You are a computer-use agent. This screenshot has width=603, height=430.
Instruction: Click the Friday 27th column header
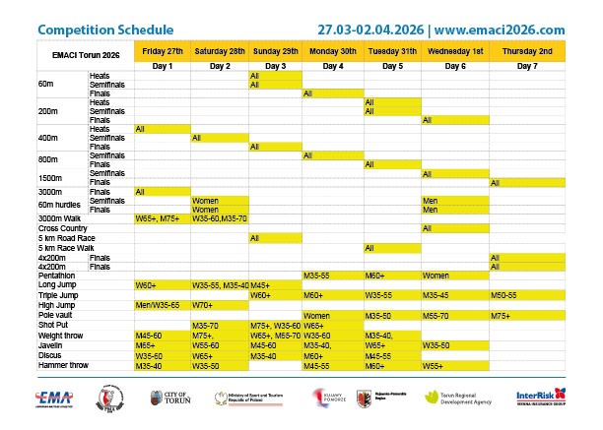click(162, 49)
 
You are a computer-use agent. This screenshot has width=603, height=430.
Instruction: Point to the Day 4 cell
click(333, 65)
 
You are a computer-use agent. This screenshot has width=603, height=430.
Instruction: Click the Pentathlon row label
click(59, 276)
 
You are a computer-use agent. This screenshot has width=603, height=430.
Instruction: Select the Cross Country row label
click(63, 228)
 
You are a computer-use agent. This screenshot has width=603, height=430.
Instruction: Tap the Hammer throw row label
click(64, 366)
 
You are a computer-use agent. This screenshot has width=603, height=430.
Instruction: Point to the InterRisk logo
click(540, 398)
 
